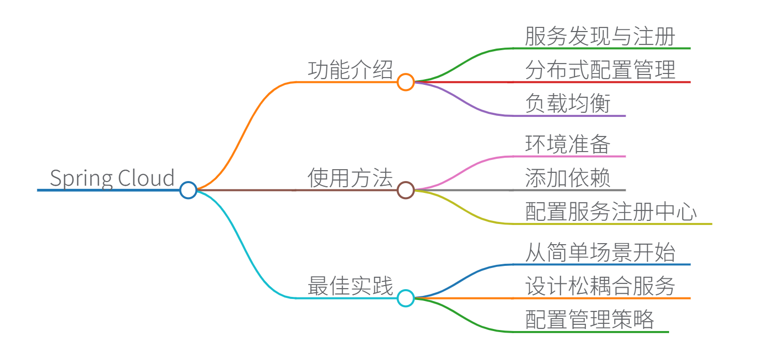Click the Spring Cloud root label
coord(112,178)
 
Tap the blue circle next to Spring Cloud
coord(188,190)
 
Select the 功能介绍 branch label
coord(350,70)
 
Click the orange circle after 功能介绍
coord(406,82)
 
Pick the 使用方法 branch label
coord(350,178)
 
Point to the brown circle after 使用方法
coord(406,190)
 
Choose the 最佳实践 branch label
coord(350,286)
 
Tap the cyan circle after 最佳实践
coord(406,298)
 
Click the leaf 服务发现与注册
coord(600,37)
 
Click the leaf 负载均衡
coord(568,103)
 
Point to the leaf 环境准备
coord(568,144)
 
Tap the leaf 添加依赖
coord(568,178)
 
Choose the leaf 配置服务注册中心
coord(611,212)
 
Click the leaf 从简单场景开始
coord(600,253)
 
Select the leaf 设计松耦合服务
coord(600,286)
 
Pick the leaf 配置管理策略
coord(589,320)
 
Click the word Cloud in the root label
coord(146,178)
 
